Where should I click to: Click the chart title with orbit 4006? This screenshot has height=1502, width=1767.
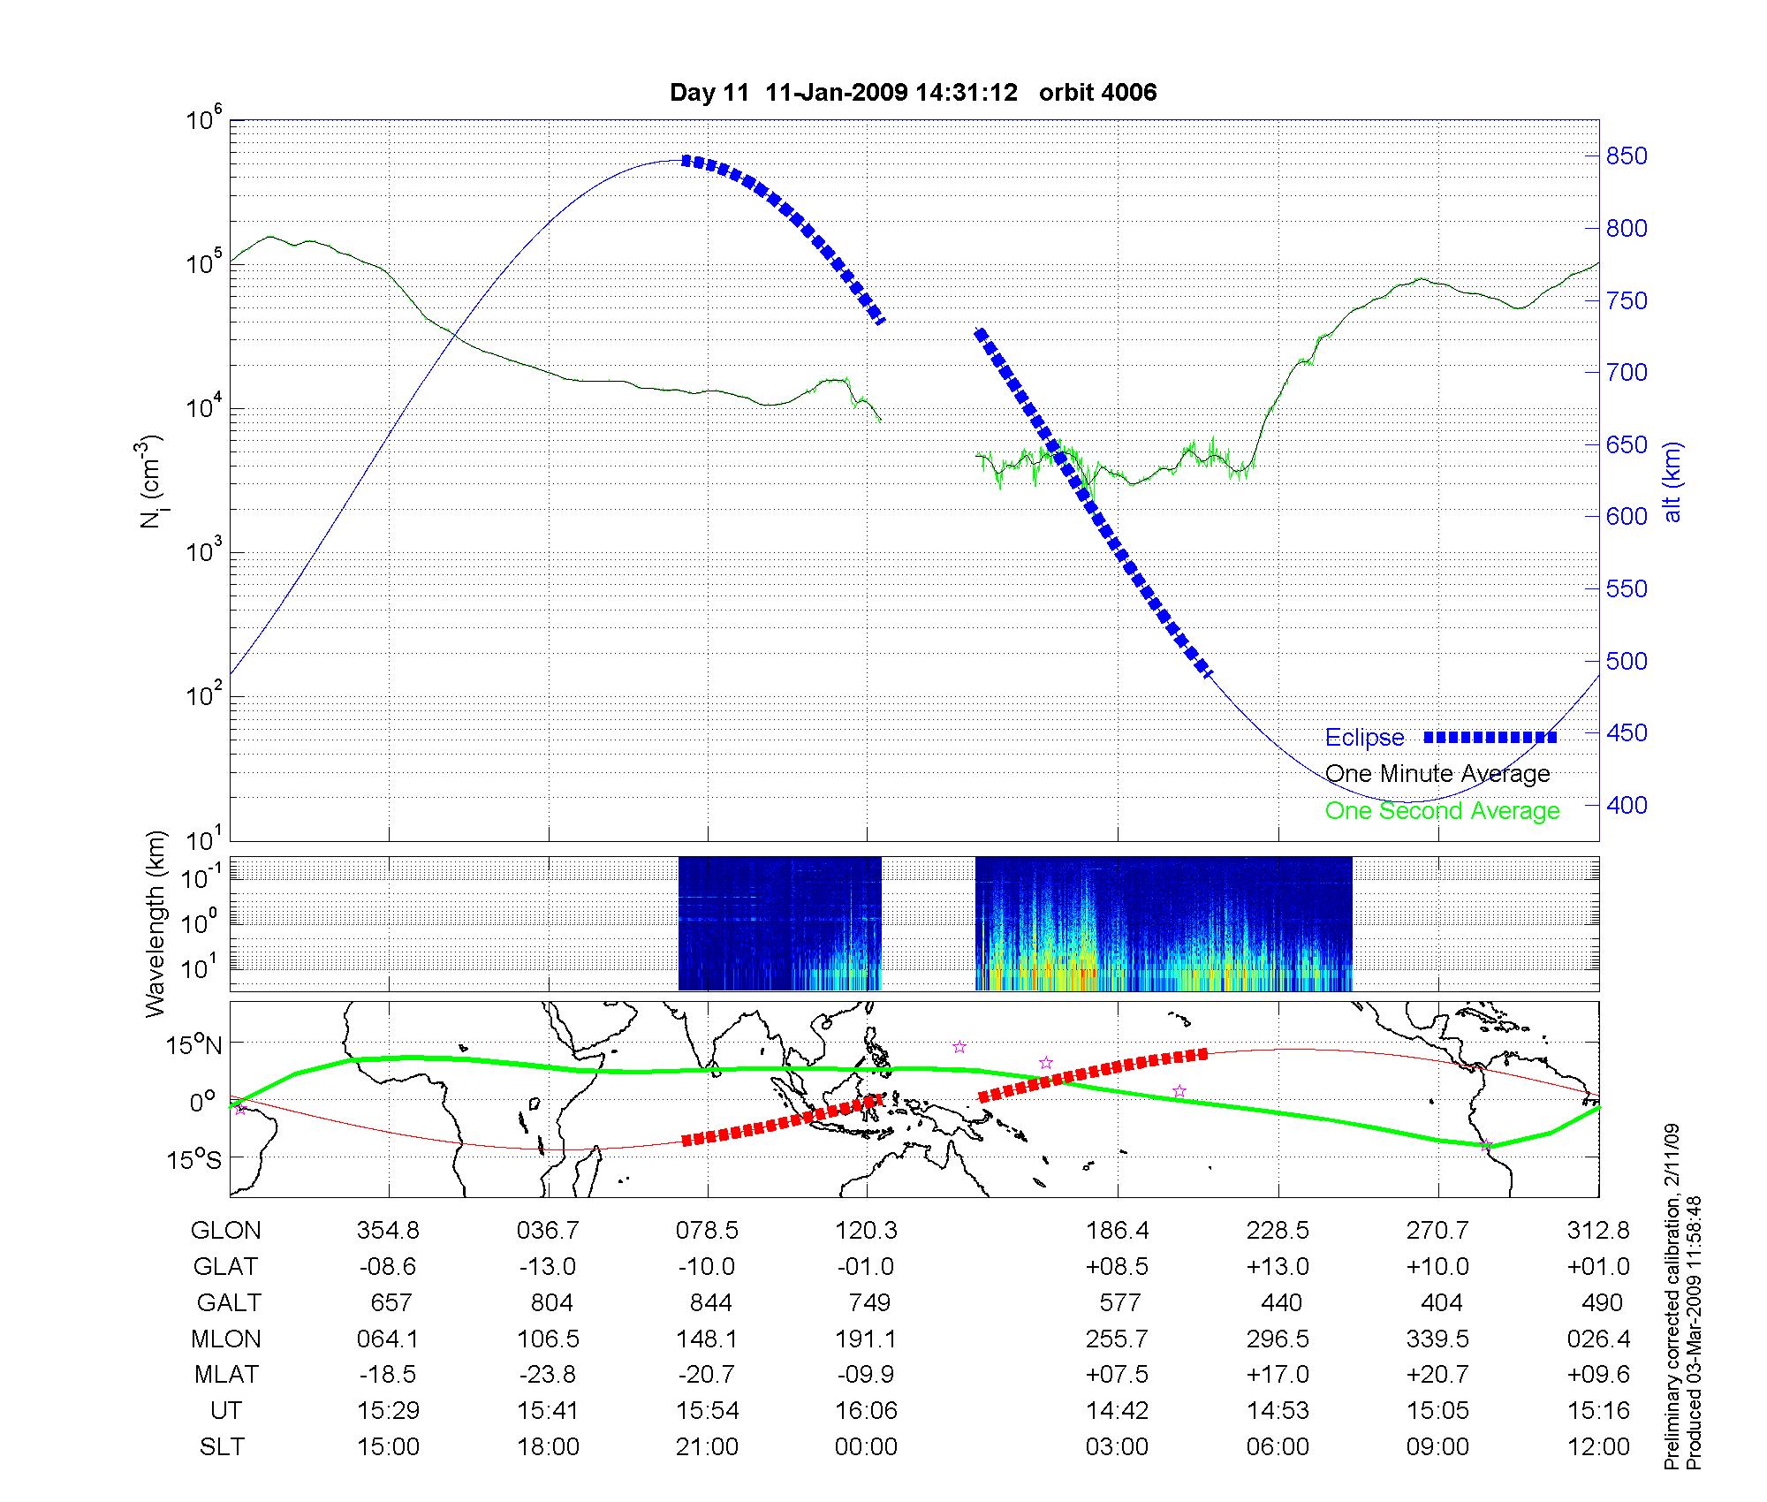point(913,92)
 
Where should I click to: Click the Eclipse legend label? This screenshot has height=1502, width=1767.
point(1364,737)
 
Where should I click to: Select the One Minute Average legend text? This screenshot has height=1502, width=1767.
point(1437,774)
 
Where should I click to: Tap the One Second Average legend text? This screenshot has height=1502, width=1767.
point(1442,811)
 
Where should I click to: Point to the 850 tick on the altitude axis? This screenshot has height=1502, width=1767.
point(1627,156)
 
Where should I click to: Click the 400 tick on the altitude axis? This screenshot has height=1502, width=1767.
point(1627,805)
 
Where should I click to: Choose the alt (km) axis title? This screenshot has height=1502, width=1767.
point(1672,482)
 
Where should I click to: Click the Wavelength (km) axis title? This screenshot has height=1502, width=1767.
point(155,924)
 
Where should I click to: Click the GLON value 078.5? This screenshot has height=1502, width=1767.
point(707,1230)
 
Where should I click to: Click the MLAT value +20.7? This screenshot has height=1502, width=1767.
point(1437,1375)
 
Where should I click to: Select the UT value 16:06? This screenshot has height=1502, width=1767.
point(866,1410)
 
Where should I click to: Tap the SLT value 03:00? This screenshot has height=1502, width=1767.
point(1118,1446)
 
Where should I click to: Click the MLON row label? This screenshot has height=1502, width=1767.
point(226,1339)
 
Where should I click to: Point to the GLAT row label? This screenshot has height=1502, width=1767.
point(225,1266)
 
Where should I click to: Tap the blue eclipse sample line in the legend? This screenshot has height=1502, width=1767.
point(1490,737)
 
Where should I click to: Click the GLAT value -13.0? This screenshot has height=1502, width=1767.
point(548,1266)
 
